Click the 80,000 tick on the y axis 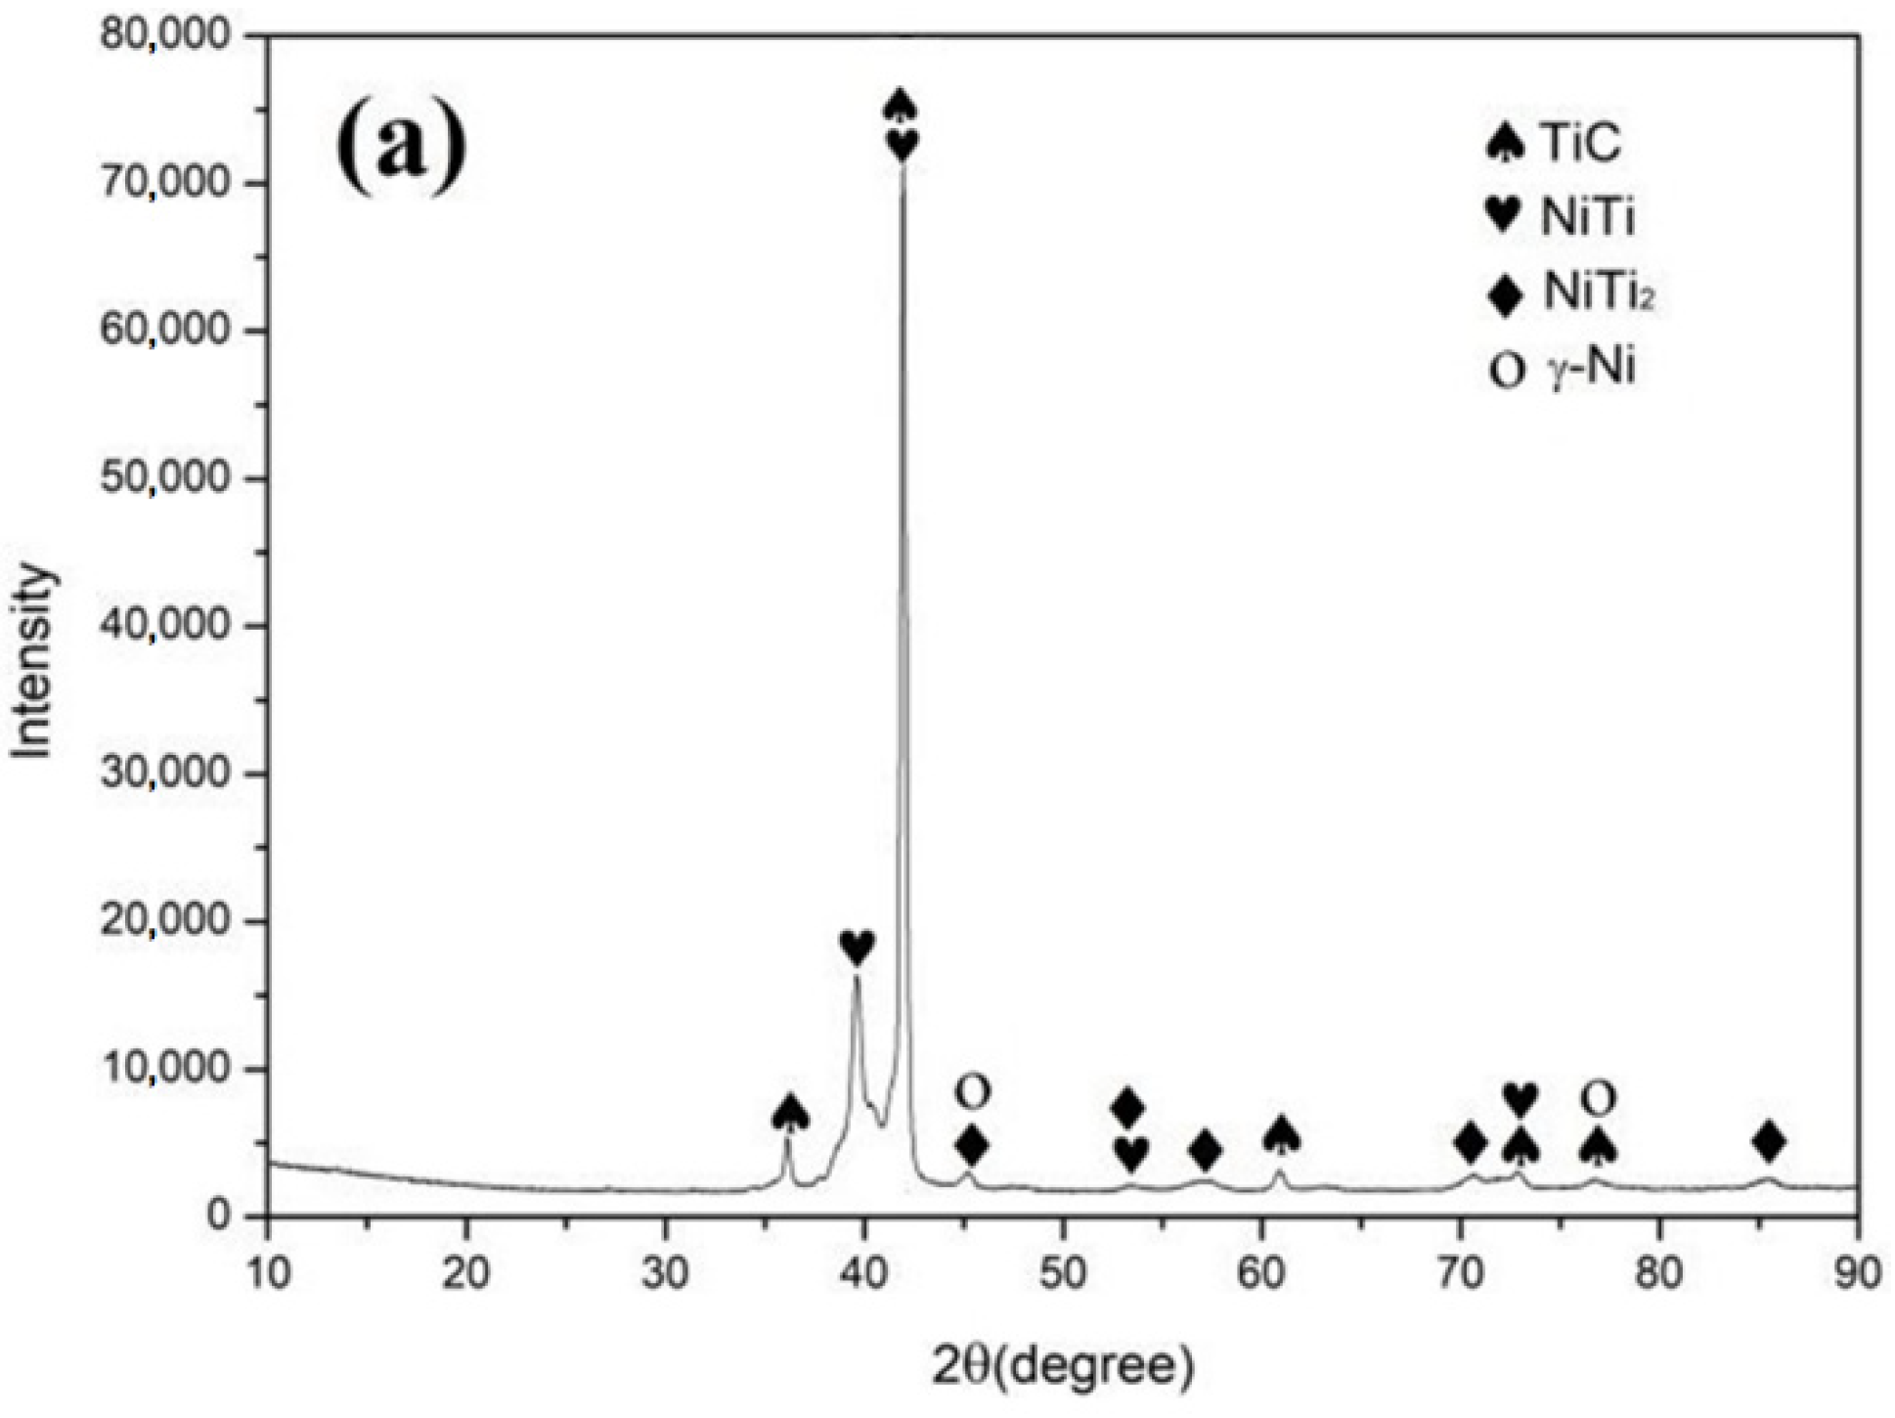point(165,36)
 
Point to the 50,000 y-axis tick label point(165,478)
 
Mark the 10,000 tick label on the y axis point(165,1069)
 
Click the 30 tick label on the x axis point(666,1274)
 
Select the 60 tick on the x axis point(1261,1274)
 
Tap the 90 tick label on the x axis point(1857,1274)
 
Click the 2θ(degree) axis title point(1063,1366)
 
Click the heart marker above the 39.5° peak point(857,946)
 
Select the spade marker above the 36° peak point(790,1113)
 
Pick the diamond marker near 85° point(1769,1140)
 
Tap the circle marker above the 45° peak point(972,1091)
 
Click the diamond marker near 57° point(1206,1150)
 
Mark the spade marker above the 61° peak point(1281,1134)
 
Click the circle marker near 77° point(1597,1099)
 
